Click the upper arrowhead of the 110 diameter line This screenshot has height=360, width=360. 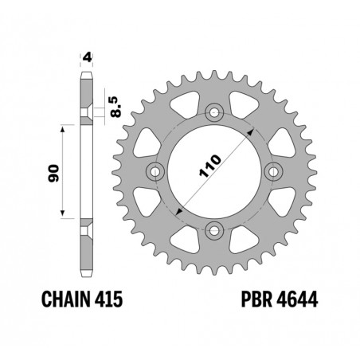249,131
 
